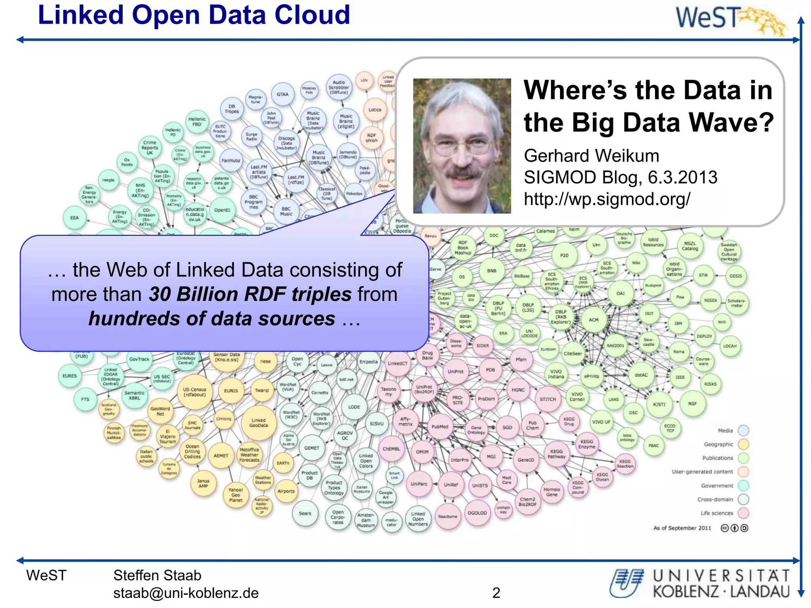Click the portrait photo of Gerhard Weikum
click(x=462, y=146)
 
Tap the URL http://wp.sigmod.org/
click(x=607, y=199)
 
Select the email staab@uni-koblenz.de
click(x=186, y=593)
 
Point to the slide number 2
click(x=496, y=593)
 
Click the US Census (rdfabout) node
click(x=194, y=392)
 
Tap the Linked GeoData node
click(x=258, y=423)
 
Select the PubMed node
click(x=440, y=427)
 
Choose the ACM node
click(x=593, y=320)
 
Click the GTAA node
click(x=282, y=95)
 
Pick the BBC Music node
click(x=286, y=211)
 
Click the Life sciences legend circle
click(x=743, y=513)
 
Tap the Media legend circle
click(x=743, y=431)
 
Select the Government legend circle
click(x=743, y=486)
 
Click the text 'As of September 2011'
click(x=682, y=528)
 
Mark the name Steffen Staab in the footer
click(x=157, y=576)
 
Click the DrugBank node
click(x=427, y=355)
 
